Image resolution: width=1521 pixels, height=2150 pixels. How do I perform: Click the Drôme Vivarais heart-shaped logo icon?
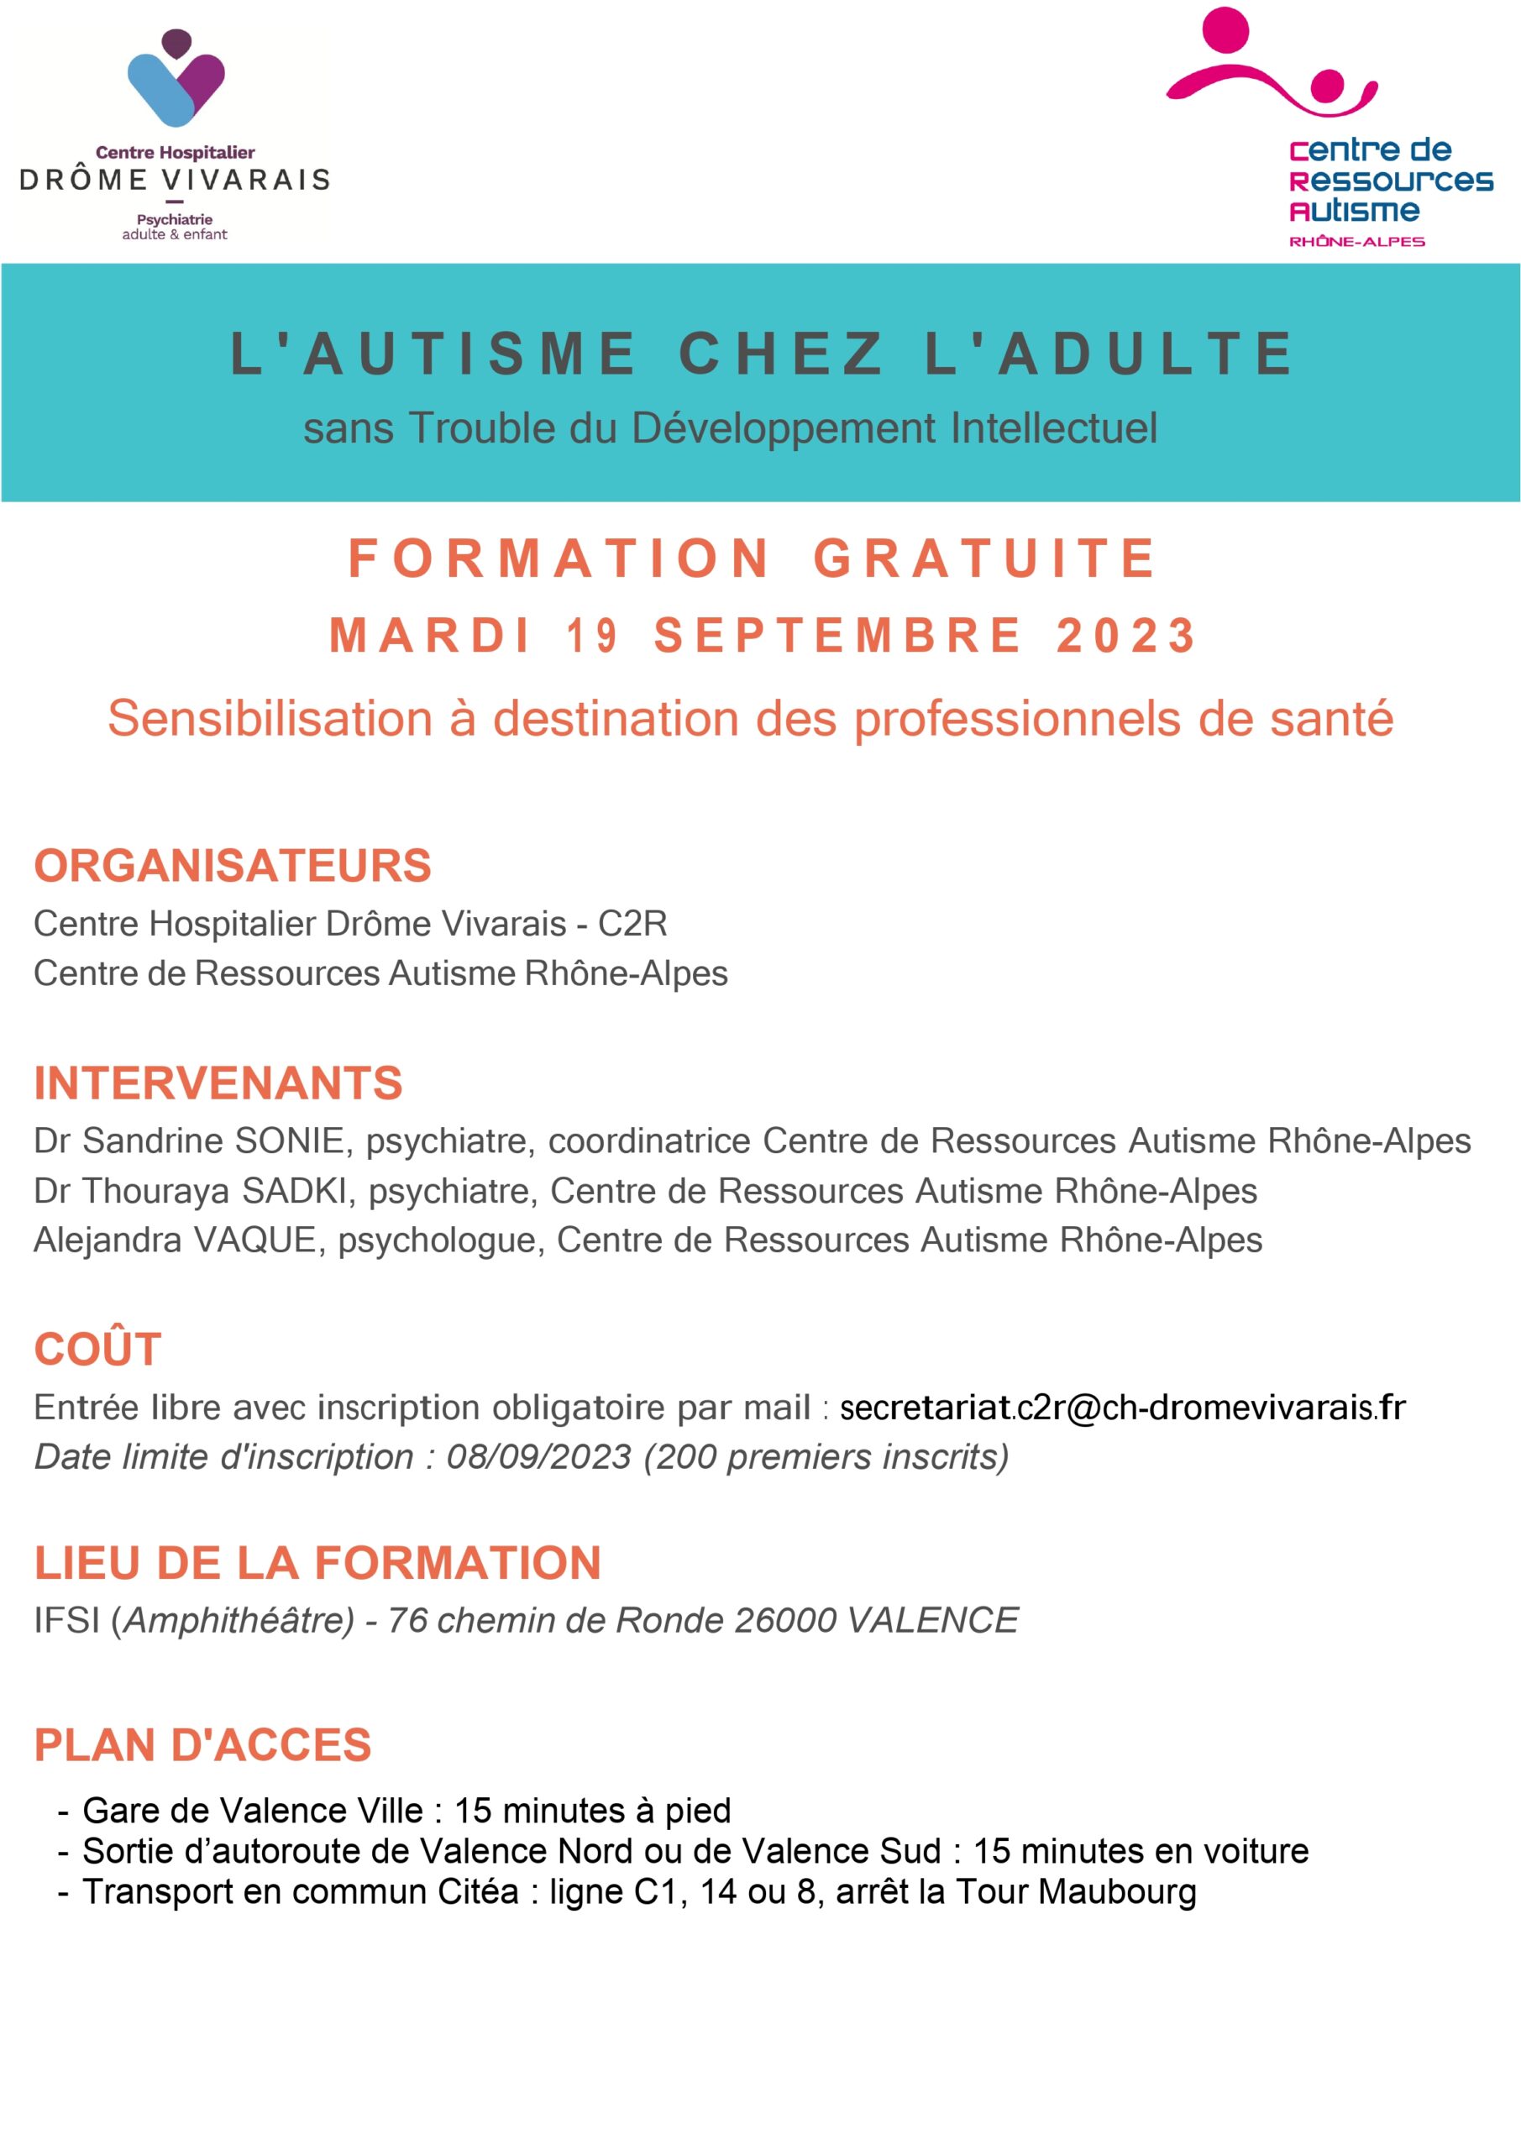point(176,79)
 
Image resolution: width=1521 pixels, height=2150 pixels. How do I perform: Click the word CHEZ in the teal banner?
point(781,354)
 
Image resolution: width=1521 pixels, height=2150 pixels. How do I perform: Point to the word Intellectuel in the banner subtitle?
point(1054,428)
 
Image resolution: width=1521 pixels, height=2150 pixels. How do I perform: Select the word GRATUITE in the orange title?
point(984,558)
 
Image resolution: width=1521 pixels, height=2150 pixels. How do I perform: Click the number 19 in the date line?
point(592,636)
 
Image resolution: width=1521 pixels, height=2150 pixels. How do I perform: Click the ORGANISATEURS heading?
point(233,865)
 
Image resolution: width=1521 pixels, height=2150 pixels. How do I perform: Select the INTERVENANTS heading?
point(218,1083)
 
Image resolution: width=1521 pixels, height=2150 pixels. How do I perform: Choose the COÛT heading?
point(97,1350)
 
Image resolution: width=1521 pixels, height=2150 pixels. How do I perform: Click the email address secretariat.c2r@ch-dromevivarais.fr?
point(1122,1408)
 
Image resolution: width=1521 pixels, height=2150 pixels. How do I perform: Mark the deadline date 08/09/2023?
point(538,1457)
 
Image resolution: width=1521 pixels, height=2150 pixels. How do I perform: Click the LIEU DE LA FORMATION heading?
point(317,1563)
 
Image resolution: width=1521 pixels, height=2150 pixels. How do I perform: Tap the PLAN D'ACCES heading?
point(203,1745)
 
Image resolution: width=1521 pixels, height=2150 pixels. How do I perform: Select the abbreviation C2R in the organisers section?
point(632,924)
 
